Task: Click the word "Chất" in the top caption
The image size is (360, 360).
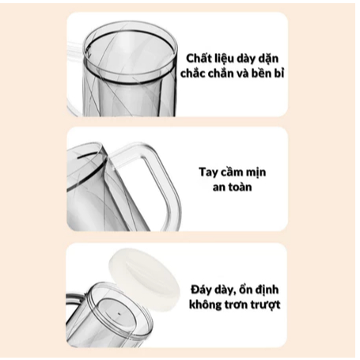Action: coord(197,59)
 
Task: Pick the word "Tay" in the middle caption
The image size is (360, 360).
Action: coord(207,172)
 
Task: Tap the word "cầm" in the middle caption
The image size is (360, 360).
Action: coord(231,172)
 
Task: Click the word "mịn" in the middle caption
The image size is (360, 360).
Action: coord(256,173)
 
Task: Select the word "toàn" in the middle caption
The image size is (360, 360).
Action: coord(240,187)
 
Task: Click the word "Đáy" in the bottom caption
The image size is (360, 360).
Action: coord(202,290)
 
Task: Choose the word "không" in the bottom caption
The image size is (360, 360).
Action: coord(205,305)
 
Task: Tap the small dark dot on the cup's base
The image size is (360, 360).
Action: coord(119,313)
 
